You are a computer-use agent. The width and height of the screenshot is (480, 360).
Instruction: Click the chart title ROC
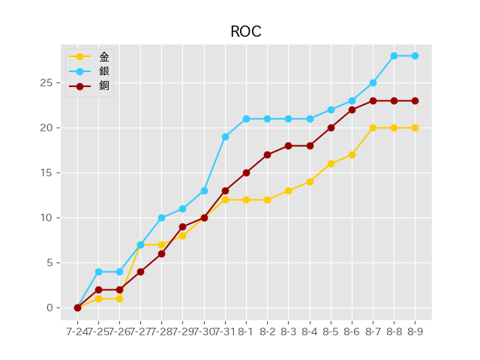[245, 31]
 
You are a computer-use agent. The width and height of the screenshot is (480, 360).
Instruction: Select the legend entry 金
[103, 57]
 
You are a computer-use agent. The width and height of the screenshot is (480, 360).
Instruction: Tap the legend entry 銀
[103, 71]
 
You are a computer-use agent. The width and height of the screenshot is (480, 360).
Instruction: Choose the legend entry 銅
[103, 85]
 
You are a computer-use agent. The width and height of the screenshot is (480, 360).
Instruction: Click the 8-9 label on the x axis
[415, 331]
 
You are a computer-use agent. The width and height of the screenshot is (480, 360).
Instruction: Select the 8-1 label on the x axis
[246, 331]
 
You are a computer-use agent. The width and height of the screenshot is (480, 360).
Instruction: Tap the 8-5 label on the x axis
[331, 331]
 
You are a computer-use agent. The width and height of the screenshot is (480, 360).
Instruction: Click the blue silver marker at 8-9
[415, 55]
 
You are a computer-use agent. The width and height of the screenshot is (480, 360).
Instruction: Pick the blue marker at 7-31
[225, 136]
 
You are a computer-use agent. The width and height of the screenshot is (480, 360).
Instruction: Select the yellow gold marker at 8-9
[415, 127]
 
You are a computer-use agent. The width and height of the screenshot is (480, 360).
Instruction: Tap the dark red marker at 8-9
[415, 100]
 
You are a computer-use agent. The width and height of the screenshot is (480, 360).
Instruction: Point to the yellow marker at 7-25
[98, 298]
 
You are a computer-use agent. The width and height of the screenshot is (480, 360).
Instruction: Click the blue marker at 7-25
[98, 271]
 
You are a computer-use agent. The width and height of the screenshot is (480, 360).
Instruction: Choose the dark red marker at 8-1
[246, 172]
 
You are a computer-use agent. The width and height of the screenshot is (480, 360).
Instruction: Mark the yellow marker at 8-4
[310, 181]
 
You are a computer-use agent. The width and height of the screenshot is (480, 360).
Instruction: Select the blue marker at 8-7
[373, 82]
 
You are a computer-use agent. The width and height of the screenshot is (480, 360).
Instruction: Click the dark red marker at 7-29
[182, 226]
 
